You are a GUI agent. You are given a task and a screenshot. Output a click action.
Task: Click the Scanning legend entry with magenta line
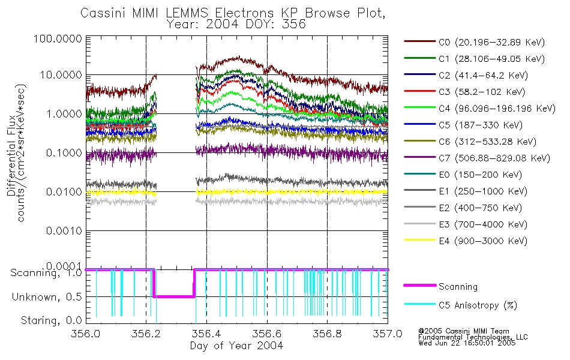point(458,287)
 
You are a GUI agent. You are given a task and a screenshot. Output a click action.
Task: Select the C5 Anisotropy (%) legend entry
point(477,305)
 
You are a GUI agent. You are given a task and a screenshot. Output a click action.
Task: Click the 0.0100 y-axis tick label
point(64,192)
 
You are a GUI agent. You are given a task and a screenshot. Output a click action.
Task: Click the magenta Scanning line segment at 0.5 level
point(174,296)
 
